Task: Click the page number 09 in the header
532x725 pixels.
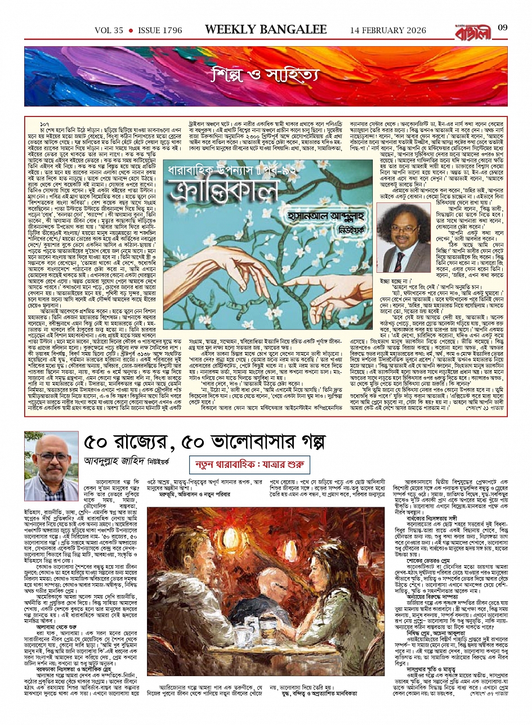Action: pos(503,28)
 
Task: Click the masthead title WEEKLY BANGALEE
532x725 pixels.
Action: pos(266,29)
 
